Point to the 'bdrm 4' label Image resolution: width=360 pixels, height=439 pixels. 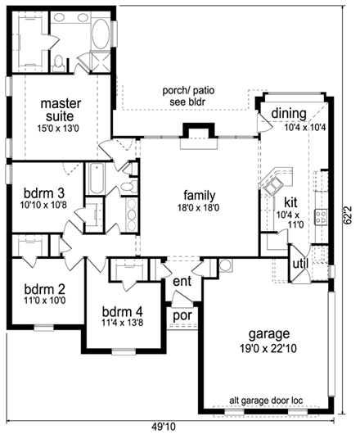tap(121, 311)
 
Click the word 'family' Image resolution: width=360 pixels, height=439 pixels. tap(199, 195)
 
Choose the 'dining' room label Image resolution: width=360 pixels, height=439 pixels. tap(289, 113)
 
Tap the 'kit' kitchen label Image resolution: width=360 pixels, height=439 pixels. tap(290, 201)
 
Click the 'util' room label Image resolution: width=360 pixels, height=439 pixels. tap(300, 262)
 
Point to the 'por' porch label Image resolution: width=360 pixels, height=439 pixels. tap(182, 313)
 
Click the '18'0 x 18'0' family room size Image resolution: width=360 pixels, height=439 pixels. tap(199, 208)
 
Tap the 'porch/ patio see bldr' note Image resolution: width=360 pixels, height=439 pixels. tap(183, 97)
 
